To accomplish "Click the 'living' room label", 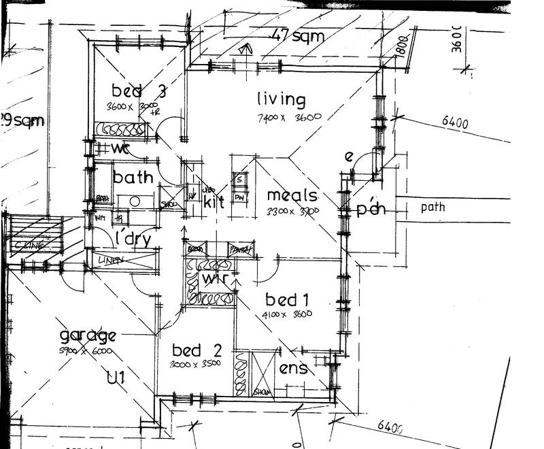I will (x=281, y=99).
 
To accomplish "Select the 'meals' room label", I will (x=292, y=196).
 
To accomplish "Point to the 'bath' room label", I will (x=133, y=178).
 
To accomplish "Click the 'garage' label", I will (x=88, y=335).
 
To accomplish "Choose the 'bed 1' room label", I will (x=282, y=299).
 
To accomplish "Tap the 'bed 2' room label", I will (x=197, y=350).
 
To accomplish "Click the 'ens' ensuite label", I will (x=293, y=369).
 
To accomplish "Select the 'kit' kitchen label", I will (x=214, y=201).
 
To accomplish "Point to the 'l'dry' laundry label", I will (x=132, y=239).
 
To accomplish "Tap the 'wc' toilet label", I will (x=120, y=148).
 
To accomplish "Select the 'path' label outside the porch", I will (x=432, y=206).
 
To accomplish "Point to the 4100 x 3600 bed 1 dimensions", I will (x=286, y=314).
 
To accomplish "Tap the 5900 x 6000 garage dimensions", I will (x=87, y=351).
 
